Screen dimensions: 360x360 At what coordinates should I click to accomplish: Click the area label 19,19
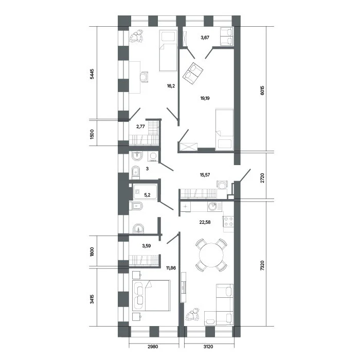click(205, 98)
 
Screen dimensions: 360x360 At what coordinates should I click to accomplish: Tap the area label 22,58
click(205, 222)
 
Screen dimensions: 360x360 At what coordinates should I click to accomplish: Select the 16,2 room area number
click(171, 86)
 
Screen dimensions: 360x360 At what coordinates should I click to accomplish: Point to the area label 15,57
click(205, 175)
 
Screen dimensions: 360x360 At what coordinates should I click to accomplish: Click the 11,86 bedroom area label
click(171, 268)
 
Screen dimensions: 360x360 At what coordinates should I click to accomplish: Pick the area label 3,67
click(205, 38)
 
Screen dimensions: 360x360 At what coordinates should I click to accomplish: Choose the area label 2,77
click(140, 127)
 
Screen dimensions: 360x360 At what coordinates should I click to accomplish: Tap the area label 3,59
click(146, 246)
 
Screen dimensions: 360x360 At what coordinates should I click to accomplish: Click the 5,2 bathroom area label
click(147, 195)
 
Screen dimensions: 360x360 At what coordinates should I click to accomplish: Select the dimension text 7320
click(262, 265)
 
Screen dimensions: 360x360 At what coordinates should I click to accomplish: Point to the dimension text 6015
click(262, 91)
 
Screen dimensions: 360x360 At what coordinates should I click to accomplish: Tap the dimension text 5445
click(92, 74)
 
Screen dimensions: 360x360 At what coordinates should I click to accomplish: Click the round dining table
click(211, 255)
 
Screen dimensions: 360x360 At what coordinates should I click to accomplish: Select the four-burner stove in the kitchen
click(228, 221)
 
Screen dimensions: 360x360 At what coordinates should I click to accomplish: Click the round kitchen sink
click(212, 206)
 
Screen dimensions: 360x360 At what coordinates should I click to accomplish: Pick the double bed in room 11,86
click(151, 295)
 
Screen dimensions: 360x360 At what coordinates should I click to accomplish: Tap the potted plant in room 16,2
click(136, 36)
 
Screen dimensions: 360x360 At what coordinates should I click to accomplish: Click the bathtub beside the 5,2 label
click(145, 192)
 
